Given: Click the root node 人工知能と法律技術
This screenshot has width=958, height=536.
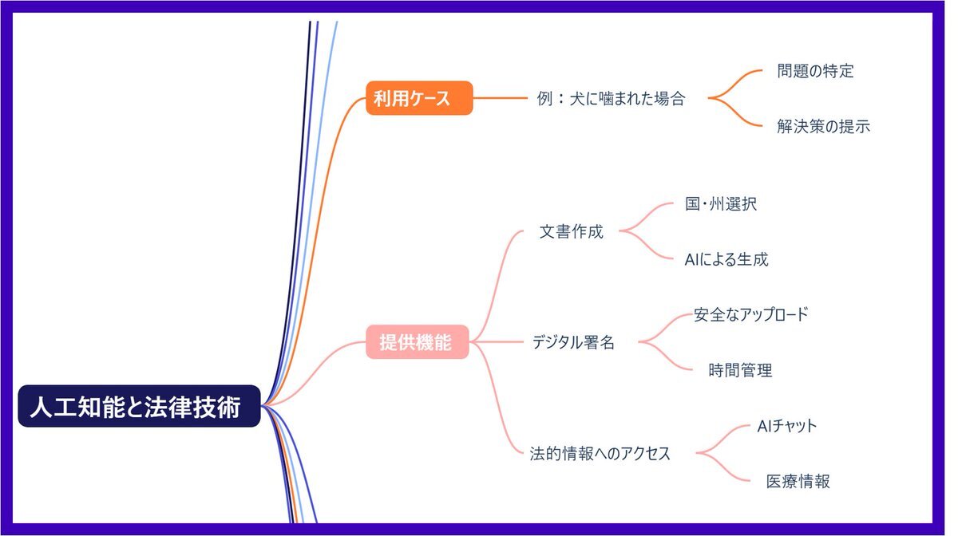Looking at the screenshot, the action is click(139, 406).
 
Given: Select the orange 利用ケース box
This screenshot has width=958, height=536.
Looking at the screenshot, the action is click(419, 98).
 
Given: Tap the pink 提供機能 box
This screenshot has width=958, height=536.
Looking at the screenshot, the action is click(418, 342).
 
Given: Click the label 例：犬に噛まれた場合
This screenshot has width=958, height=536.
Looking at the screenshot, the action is click(612, 99).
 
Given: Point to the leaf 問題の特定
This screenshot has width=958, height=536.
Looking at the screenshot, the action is click(815, 71).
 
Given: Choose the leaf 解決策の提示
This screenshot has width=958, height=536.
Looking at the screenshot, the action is click(823, 127).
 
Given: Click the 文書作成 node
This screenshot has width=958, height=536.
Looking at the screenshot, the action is click(571, 231).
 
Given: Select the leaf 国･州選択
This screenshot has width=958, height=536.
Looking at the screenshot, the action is click(721, 204).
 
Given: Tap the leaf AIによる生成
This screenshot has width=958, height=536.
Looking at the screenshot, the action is click(726, 259).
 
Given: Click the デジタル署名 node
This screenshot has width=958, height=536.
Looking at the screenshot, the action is click(573, 342).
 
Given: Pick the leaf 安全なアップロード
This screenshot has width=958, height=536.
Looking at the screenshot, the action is click(750, 314).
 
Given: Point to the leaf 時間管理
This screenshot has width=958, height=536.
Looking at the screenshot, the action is click(740, 370).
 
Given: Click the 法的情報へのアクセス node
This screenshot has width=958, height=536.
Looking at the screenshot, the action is click(600, 454).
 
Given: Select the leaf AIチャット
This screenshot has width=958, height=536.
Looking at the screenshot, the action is click(787, 426).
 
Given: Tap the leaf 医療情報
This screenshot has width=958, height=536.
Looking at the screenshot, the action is click(798, 481).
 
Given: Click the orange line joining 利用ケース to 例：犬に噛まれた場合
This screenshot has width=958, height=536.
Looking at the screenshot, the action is click(501, 98).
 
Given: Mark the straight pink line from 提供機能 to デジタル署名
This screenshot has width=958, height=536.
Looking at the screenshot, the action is click(496, 342).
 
